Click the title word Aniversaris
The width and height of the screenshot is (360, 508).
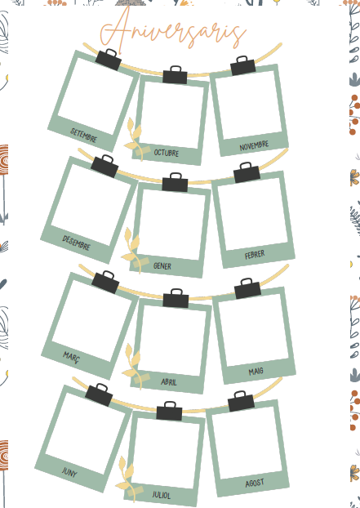pos(173,31)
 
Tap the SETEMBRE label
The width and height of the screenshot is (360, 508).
pos(83,135)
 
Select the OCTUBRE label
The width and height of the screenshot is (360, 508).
pos(166,153)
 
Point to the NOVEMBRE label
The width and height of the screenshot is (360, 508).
pos(254,145)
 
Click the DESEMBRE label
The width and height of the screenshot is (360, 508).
pos(76,243)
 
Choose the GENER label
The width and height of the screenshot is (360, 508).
pos(162,266)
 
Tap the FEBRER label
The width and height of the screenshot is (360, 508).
pos(255,255)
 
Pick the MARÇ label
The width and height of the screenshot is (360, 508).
pos(71,357)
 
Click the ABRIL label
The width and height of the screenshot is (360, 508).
pos(169,382)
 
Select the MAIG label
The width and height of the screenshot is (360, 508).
pos(256,372)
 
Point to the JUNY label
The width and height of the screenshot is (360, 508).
pos(69,472)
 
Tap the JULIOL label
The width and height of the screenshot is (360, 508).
pos(161,495)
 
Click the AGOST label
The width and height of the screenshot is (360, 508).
pos(255,483)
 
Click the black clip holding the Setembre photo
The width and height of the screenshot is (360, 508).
pos(109,60)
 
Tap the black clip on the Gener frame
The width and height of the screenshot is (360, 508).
pos(175,182)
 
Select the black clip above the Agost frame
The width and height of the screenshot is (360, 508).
pos(241,401)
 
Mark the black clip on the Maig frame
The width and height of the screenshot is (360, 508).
pos(247,288)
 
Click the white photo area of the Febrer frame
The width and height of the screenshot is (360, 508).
pos(252,215)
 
